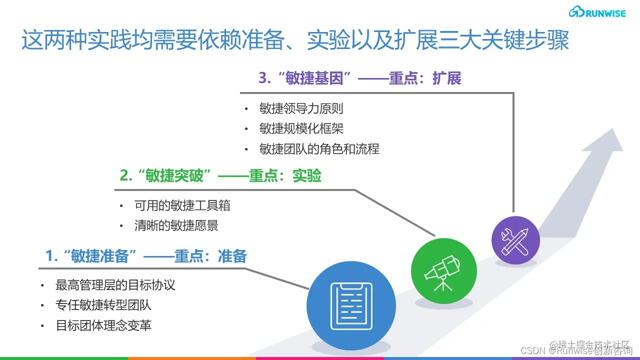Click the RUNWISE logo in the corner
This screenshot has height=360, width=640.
[597, 12]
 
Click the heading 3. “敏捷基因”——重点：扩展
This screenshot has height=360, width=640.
[359, 78]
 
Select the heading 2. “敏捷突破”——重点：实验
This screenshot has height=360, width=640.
[220, 176]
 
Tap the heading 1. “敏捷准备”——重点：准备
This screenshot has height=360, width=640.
[146, 256]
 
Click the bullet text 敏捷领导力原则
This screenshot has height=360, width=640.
[301, 108]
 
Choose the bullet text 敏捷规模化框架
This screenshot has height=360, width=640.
[301, 128]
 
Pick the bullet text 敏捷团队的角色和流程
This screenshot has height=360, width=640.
[319, 149]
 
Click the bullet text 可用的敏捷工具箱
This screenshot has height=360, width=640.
[182, 205]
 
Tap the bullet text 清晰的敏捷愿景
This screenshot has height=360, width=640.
[176, 225]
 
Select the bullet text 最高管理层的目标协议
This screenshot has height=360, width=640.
[115, 285]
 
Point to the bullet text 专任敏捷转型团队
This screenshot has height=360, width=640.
[103, 305]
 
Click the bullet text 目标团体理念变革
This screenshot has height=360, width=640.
[103, 325]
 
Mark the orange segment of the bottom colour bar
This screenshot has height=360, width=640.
[192, 358]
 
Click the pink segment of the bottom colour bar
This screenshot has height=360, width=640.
[320, 358]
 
